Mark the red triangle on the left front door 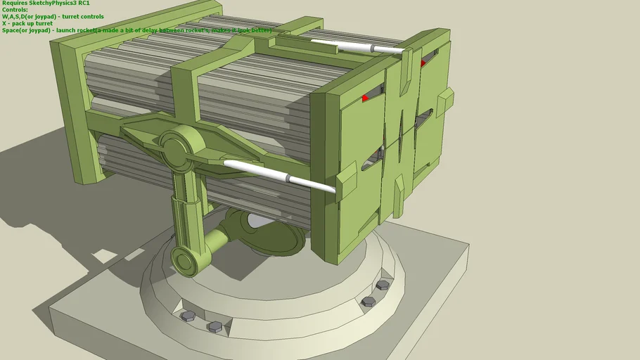366,98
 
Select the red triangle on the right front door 423,63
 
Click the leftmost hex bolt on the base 187,316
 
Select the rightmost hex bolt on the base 383,285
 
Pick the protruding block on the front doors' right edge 444,103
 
